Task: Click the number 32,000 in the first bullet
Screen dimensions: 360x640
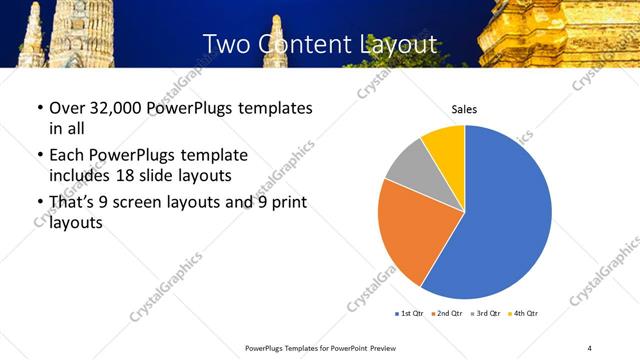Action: tap(113, 108)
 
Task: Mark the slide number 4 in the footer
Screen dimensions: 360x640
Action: tap(589, 347)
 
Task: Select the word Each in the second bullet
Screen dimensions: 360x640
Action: tap(67, 156)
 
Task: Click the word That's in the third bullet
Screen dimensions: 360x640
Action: tap(74, 203)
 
